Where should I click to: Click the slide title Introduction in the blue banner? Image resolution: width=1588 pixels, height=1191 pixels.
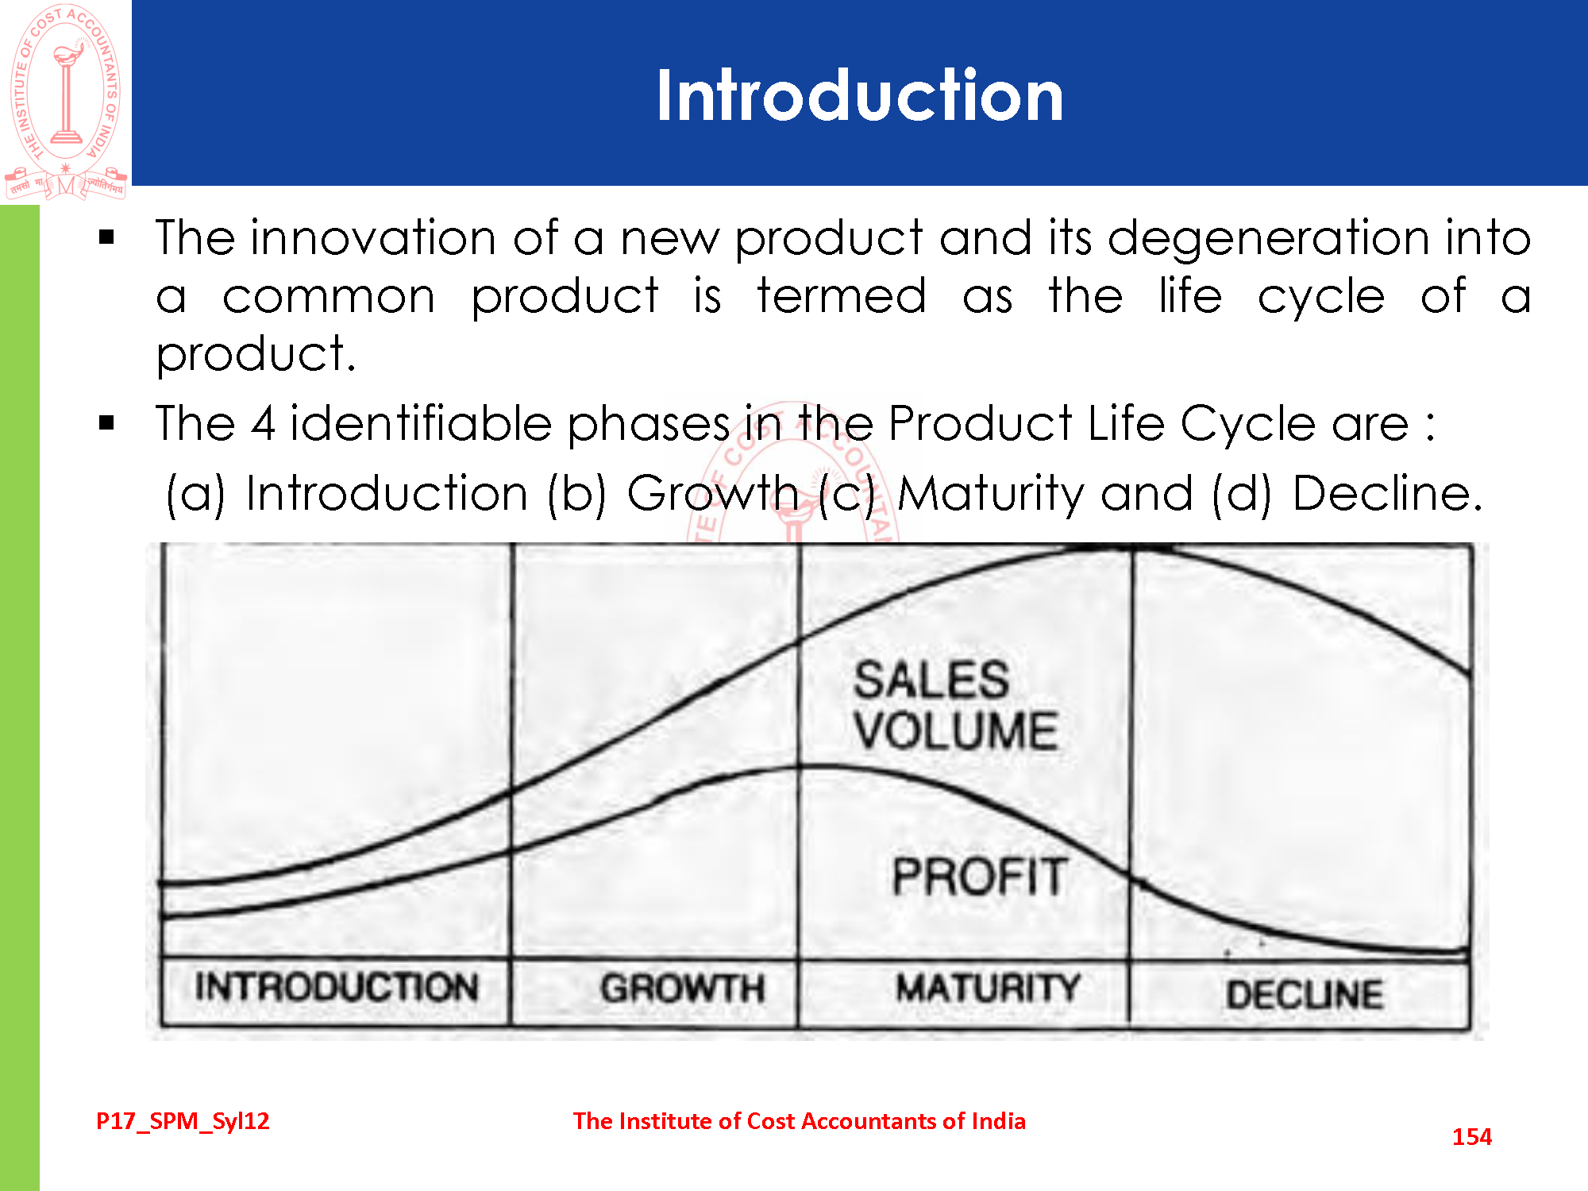click(x=860, y=95)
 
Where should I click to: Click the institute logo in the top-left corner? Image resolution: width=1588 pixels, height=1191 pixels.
click(x=66, y=102)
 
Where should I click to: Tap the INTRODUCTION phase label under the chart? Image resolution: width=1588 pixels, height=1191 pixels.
click(x=337, y=987)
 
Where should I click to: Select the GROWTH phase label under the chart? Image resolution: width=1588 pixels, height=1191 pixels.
click(x=683, y=989)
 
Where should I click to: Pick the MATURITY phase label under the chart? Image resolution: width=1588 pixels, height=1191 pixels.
click(x=989, y=989)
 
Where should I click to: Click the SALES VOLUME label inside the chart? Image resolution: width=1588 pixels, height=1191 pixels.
click(x=956, y=705)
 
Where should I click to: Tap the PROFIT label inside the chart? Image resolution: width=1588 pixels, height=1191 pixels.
click(x=980, y=877)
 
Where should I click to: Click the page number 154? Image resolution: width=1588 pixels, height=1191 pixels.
click(x=1472, y=1137)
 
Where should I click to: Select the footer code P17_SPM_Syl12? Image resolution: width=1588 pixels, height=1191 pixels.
click(x=183, y=1121)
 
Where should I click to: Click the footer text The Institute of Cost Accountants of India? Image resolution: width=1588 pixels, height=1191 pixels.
click(x=800, y=1121)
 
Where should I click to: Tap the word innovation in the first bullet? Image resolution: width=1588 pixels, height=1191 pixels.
click(x=373, y=237)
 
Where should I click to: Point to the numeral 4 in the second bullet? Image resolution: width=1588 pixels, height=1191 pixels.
click(x=264, y=423)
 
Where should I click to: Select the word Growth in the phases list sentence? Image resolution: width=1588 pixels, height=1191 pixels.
click(x=712, y=493)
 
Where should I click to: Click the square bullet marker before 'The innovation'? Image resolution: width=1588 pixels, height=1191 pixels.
click(x=107, y=237)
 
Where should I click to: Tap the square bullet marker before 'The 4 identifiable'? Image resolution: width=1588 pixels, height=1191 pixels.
click(x=107, y=423)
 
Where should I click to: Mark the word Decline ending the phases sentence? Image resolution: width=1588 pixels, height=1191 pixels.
click(x=1387, y=493)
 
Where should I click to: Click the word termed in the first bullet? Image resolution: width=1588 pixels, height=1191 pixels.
click(x=842, y=296)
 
